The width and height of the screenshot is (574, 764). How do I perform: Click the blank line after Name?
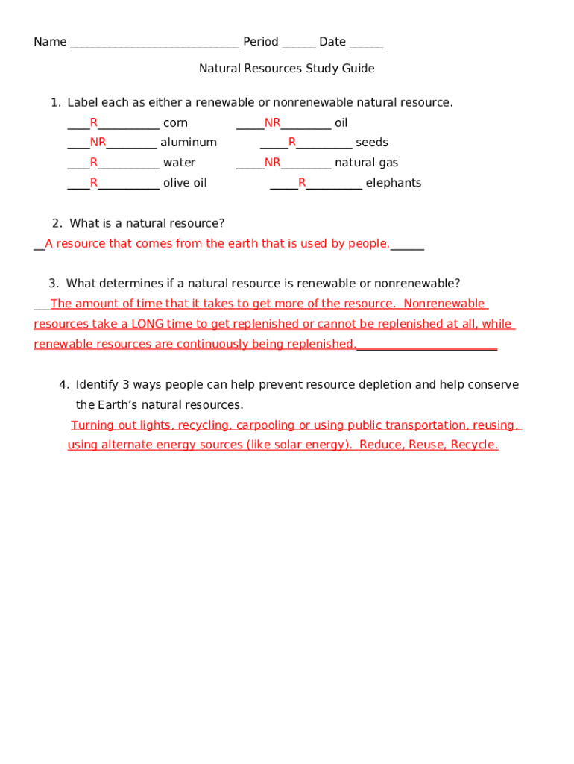pos(154,43)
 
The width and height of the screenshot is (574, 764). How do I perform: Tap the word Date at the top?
pos(332,42)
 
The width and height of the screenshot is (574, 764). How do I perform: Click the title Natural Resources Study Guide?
pos(286,69)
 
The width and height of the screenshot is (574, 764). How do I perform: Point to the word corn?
pos(175,123)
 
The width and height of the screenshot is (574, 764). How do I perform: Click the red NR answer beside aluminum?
pos(98,143)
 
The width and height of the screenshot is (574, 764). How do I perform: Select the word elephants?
pos(393,183)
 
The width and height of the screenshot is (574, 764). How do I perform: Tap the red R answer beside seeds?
pos(292,143)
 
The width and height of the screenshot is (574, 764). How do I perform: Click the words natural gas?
pos(366,163)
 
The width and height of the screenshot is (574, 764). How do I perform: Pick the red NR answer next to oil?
pos(272,122)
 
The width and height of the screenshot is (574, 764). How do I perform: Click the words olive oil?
pos(185,183)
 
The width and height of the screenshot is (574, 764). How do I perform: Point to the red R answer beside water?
pos(94,163)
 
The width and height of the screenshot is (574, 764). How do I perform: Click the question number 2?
pos(57,223)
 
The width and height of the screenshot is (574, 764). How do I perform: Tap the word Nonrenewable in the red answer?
pos(444,304)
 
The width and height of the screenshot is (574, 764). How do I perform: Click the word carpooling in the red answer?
pos(265,425)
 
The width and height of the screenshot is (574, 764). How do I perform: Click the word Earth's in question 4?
pos(118,405)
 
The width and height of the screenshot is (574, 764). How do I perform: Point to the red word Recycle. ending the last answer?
pos(474,445)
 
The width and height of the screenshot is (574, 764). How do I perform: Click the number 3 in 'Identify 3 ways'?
pos(126,385)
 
